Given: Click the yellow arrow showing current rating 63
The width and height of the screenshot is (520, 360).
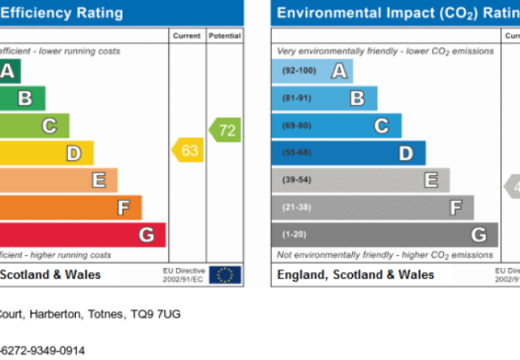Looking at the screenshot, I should point(189,150).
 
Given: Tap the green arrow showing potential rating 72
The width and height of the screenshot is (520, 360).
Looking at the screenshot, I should point(226,130).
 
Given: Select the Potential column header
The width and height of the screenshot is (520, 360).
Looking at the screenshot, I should point(225,36).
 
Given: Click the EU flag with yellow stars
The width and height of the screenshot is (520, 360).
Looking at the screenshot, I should point(225,275).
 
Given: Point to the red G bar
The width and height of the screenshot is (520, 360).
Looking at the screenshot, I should point(80,235).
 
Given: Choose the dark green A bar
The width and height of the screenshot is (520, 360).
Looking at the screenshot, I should point(10,72).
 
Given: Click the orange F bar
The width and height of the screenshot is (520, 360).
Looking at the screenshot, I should point(68,208).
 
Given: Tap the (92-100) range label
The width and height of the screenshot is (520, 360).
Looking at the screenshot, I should point(299,71).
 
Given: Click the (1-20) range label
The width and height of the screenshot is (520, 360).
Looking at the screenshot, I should point(294,234).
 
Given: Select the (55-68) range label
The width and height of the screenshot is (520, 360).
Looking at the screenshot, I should point(296,153).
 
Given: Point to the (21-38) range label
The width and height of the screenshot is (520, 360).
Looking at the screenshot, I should point(296,207).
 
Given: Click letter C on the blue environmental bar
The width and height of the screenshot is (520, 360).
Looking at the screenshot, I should point(382,126).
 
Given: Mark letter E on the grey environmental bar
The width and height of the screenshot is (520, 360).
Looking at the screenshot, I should point(430,180).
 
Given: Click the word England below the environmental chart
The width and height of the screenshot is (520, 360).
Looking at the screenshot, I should point(301,274).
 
